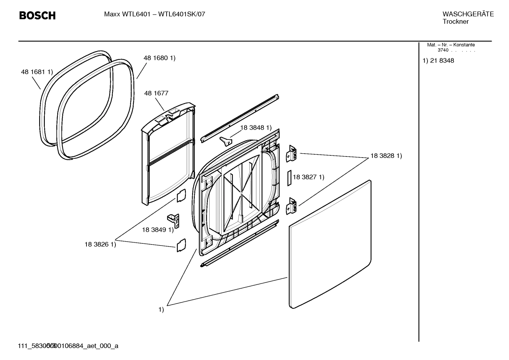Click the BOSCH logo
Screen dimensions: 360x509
[x=37, y=16]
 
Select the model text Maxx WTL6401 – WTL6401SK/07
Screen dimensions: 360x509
[x=154, y=14]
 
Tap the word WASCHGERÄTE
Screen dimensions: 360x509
[x=468, y=14]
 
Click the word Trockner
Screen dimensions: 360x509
[x=455, y=22]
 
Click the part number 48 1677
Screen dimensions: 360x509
[x=156, y=93]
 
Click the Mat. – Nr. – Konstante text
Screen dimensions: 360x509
[x=451, y=45]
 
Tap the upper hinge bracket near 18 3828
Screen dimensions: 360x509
[x=291, y=154]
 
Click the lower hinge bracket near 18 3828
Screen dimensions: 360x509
[x=291, y=206]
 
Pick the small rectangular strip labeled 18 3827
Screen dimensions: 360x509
[x=289, y=178]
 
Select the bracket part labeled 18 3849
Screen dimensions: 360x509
[x=174, y=221]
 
